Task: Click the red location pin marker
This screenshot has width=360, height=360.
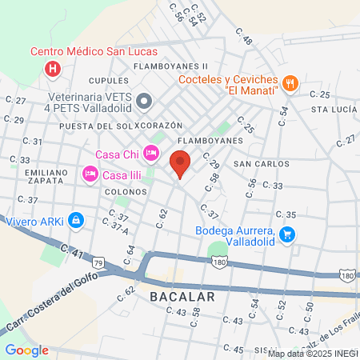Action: pos(181,164)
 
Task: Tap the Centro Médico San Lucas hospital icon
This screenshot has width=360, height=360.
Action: pos(53,68)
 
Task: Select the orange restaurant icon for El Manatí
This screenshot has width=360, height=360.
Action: pos(290,82)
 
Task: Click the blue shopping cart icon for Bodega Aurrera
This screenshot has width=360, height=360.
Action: pos(288,234)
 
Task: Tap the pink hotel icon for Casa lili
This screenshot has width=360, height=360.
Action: pos(90,173)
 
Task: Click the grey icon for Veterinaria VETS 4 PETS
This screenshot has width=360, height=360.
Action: pos(145,101)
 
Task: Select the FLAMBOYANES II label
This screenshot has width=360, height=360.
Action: pos(171,66)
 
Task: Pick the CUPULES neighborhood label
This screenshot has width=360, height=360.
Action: pos(108,81)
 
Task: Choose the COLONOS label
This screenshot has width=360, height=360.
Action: pos(123,192)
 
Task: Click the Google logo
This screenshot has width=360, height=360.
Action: pos(26,350)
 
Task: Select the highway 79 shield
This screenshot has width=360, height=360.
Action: pos(98,262)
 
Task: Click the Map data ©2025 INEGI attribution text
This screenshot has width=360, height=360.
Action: pos(313,354)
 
